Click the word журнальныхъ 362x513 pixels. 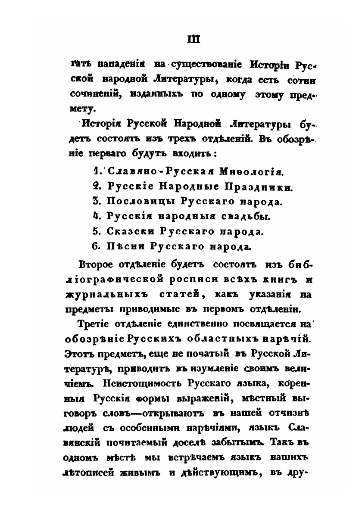click(x=106, y=294)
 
